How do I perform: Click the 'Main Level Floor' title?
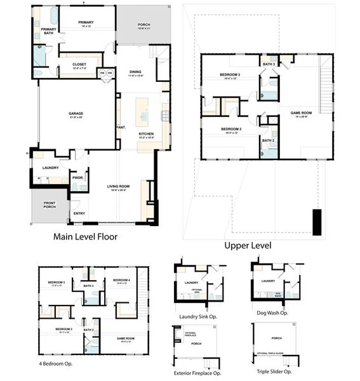86,236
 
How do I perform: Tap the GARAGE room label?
76,115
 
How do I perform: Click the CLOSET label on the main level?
79,64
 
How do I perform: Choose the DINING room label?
135,72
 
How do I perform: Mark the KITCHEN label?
146,134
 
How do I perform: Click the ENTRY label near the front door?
79,213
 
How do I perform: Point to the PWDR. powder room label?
79,178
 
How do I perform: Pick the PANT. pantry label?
121,127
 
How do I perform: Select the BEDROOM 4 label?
121,281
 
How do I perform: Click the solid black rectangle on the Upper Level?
317,222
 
